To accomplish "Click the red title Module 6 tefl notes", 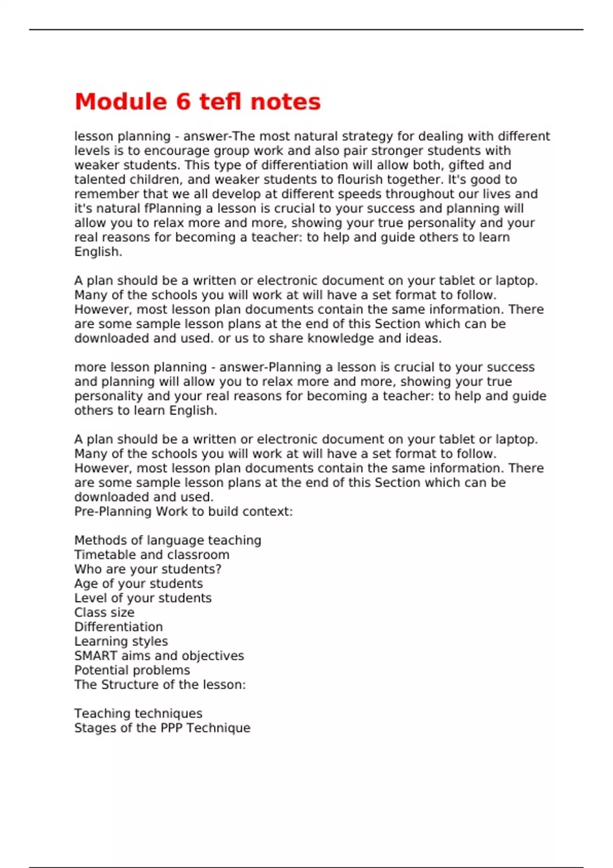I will (197, 102).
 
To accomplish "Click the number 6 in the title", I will (183, 102).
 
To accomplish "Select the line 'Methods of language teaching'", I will (168, 540).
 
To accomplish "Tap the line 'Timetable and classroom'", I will (152, 554).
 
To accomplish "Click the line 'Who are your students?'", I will (148, 569).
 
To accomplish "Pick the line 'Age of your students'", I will (138, 584).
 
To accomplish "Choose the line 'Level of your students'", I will (143, 598).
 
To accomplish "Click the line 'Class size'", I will (104, 612).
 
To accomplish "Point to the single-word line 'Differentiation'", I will (119, 626).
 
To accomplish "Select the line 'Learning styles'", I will (121, 641).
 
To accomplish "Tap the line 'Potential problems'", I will (132, 670).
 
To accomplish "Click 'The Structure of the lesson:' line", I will (160, 684).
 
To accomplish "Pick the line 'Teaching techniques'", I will (138, 713).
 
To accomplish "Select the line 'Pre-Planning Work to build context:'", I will (183, 511).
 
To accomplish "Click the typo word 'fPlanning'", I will (173, 208).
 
